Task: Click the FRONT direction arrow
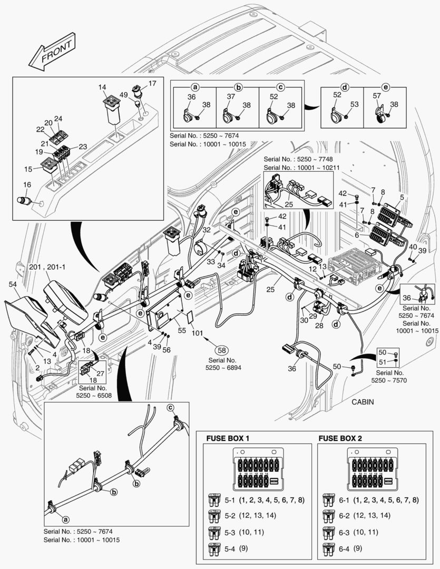pyautogui.click(x=52, y=53)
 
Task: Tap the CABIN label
pyautogui.click(x=363, y=401)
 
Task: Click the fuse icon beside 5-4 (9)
pyautogui.click(x=214, y=549)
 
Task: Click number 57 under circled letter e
pyautogui.click(x=376, y=96)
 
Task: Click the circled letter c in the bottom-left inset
pyautogui.click(x=170, y=408)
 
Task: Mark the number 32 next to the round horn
pyautogui.click(x=206, y=230)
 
